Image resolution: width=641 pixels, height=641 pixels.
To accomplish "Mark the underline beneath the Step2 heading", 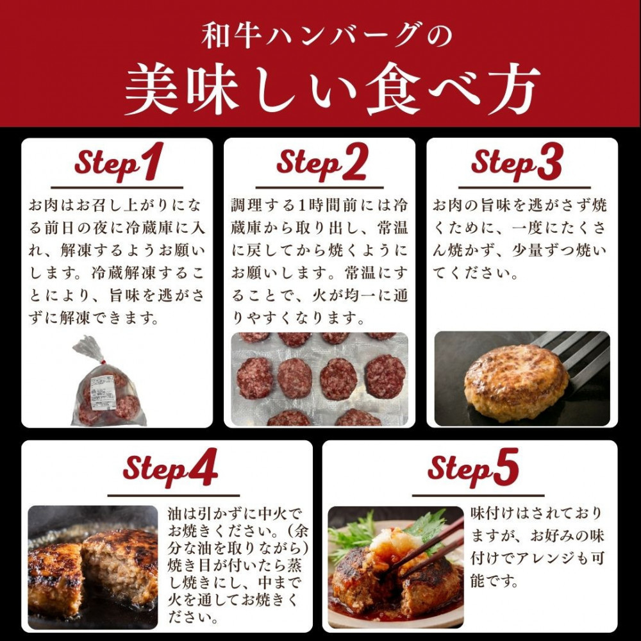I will (x=320, y=187).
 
